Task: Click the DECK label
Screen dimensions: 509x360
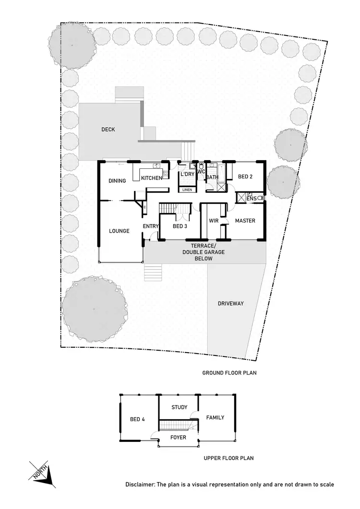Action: (x=108, y=129)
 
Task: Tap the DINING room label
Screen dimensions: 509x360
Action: (x=117, y=181)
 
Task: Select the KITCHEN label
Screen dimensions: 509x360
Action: (x=152, y=178)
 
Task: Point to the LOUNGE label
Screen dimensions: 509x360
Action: (x=119, y=231)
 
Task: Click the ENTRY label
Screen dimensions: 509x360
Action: (x=150, y=226)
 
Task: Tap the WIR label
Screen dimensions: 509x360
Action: (x=214, y=221)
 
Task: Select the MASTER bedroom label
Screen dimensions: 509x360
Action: (x=245, y=221)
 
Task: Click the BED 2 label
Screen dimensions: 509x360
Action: (x=245, y=177)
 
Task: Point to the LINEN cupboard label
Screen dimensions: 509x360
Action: (x=187, y=190)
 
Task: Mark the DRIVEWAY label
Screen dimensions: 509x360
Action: (x=231, y=304)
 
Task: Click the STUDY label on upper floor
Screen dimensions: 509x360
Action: (x=180, y=407)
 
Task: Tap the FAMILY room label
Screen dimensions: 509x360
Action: (x=215, y=417)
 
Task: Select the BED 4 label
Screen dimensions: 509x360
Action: (x=137, y=419)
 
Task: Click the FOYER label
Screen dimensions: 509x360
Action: (x=178, y=438)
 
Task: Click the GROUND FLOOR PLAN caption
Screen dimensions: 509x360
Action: (x=227, y=373)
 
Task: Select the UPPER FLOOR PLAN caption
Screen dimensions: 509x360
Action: (x=228, y=458)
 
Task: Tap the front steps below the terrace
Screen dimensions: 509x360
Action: (x=154, y=272)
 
